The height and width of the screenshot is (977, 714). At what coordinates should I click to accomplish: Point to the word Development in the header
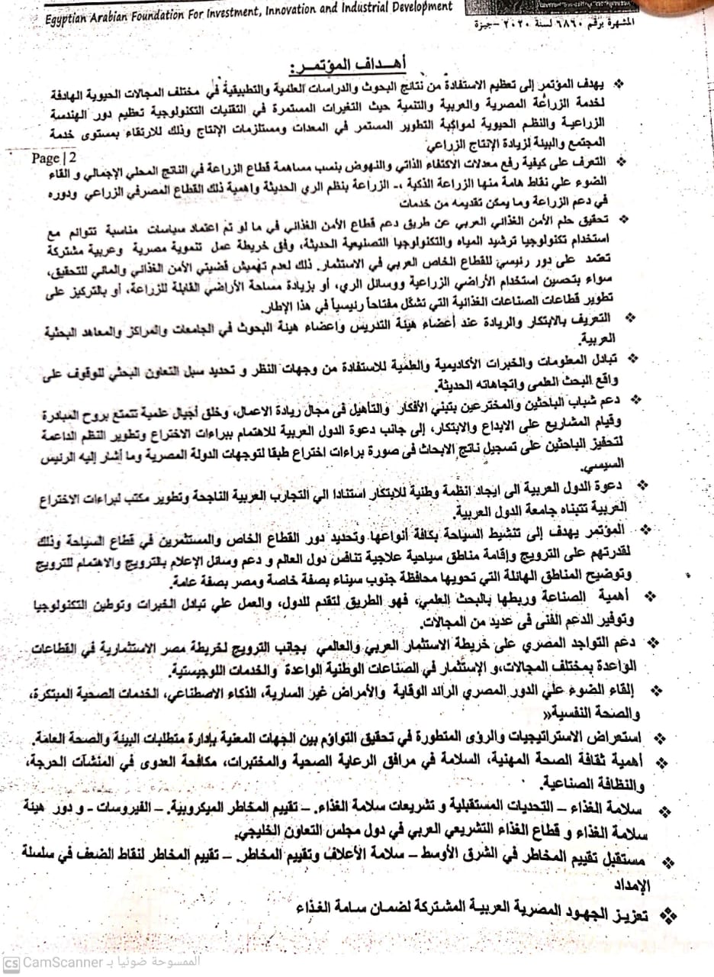click(x=413, y=7)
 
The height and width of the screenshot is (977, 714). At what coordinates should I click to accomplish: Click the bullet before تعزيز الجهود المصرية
click(x=670, y=913)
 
